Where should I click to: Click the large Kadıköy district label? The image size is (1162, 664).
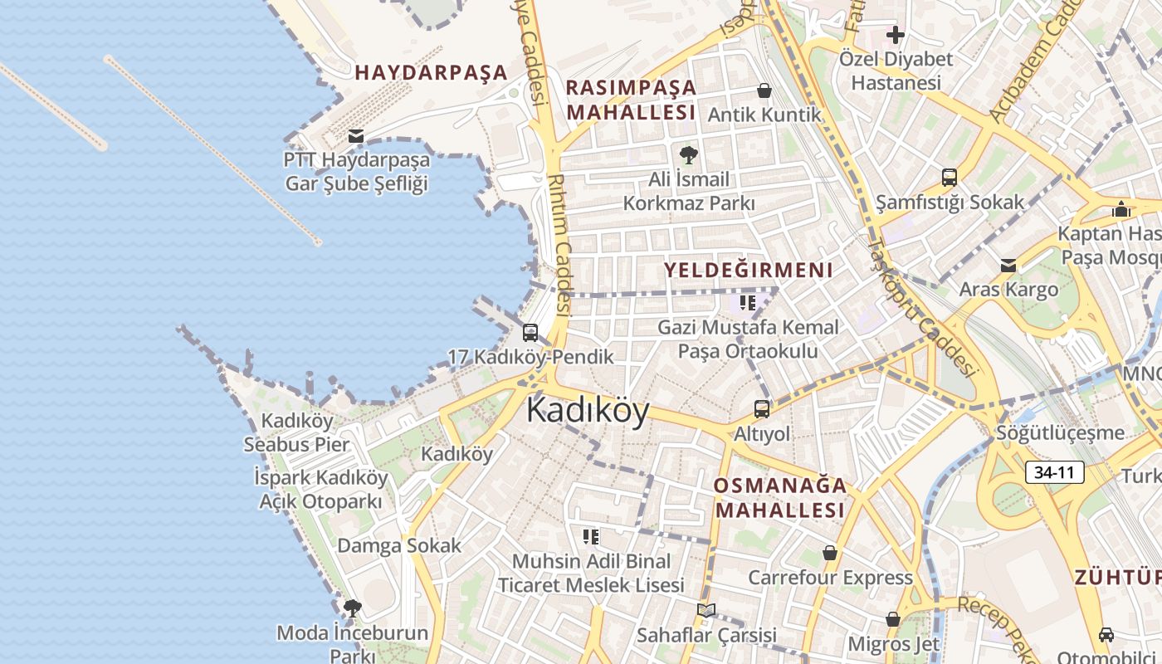click(x=587, y=411)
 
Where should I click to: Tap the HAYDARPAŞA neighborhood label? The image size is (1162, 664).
click(x=431, y=72)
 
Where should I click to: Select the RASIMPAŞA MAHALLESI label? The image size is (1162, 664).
click(x=631, y=100)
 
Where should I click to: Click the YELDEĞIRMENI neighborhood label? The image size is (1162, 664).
click(x=748, y=270)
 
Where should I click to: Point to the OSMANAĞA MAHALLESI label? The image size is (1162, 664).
click(x=779, y=497)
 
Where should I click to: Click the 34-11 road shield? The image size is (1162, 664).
click(x=1054, y=473)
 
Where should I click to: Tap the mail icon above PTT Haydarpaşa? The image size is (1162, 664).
click(x=356, y=135)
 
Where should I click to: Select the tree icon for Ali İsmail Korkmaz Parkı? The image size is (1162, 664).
click(x=688, y=154)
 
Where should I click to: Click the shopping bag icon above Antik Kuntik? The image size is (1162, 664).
click(x=764, y=90)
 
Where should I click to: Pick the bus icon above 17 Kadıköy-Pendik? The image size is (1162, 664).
click(x=530, y=333)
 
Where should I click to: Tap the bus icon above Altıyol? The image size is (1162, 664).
click(x=761, y=408)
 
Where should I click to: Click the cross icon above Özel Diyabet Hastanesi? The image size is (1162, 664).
click(x=895, y=35)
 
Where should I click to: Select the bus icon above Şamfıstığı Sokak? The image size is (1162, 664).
click(x=950, y=177)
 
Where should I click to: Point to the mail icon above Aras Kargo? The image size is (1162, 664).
click(x=1008, y=266)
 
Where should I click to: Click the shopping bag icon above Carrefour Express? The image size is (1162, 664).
click(x=829, y=553)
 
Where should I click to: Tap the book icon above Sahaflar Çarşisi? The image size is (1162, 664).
click(x=705, y=611)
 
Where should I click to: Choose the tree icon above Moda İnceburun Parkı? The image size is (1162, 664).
click(x=352, y=608)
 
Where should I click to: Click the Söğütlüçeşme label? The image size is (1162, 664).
click(x=1060, y=432)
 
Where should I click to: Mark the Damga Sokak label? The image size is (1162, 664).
click(x=398, y=545)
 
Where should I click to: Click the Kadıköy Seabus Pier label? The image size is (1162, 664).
click(x=296, y=432)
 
